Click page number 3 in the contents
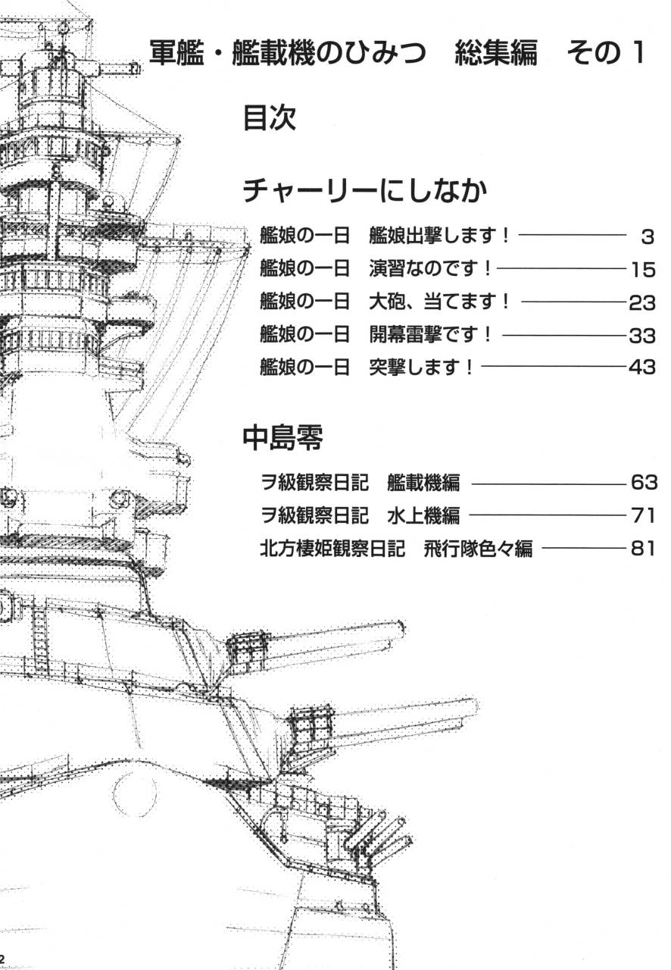[x=646, y=237]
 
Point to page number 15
[x=641, y=270]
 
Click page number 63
[x=641, y=483]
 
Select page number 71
[x=641, y=516]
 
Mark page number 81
[x=641, y=549]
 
